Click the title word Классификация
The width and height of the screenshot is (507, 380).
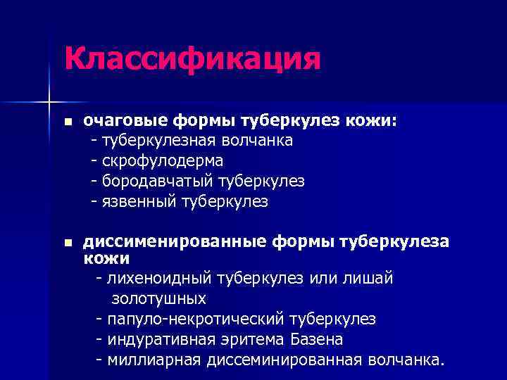[x=192, y=58]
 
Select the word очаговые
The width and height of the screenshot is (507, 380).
[x=117, y=121]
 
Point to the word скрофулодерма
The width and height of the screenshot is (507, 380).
[x=163, y=161]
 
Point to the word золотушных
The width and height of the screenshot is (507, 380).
[x=158, y=299]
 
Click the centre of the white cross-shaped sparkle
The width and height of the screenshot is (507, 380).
[x=50, y=101]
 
